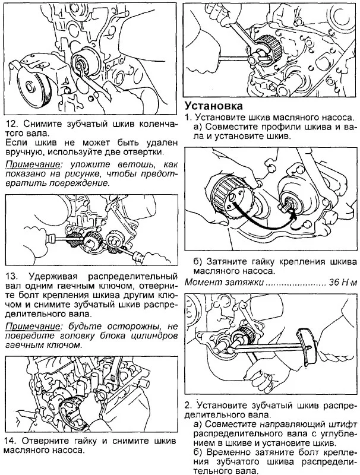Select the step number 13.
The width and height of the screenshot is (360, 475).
[11, 277]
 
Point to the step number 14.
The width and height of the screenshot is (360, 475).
[11, 441]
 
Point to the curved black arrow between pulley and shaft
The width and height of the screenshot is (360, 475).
[261, 223]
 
